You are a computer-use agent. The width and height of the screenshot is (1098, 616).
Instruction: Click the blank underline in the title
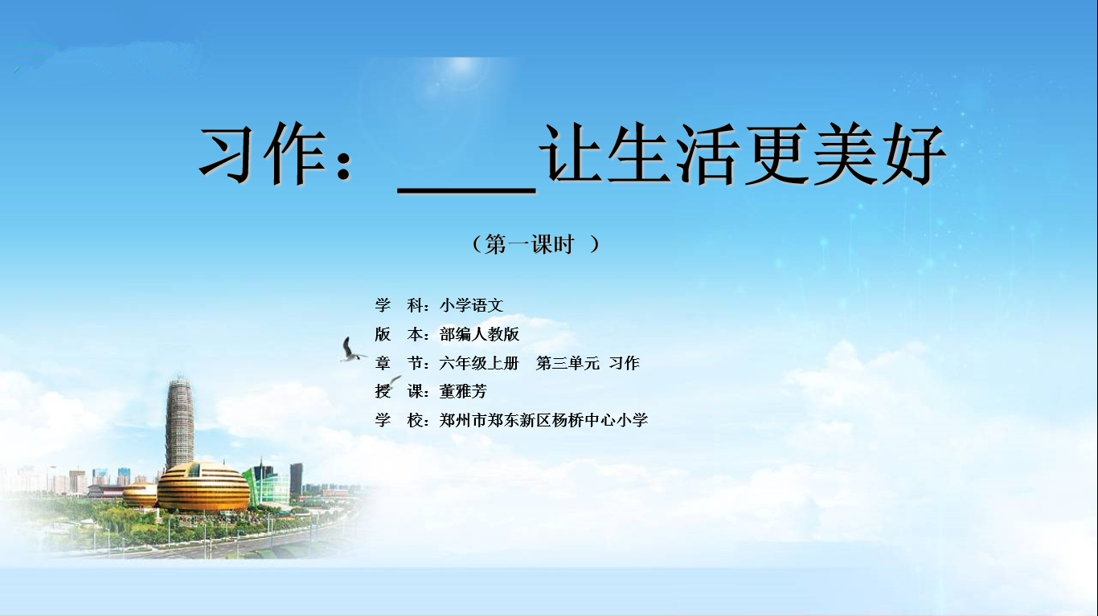(466, 190)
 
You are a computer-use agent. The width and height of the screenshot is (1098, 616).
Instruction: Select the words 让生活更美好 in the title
(743, 153)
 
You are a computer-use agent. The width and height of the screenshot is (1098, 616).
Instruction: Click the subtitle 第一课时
(530, 244)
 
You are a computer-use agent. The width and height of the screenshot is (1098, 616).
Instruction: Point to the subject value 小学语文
(472, 305)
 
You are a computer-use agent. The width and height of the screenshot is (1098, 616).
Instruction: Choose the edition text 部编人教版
(479, 334)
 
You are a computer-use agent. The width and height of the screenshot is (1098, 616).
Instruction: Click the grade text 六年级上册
(479, 363)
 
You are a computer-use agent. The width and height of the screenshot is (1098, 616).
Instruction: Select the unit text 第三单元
(567, 363)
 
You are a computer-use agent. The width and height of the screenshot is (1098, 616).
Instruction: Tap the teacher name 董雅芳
(463, 391)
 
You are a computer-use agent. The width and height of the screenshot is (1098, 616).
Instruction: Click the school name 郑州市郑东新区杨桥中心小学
(543, 420)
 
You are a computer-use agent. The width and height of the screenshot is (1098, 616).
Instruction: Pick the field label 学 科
(399, 305)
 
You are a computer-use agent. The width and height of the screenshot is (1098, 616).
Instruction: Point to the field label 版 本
(399, 334)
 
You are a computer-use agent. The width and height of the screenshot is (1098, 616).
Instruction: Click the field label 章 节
(399, 363)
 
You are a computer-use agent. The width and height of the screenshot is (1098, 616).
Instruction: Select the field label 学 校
(399, 420)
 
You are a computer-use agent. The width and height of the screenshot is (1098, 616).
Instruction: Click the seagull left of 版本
(351, 350)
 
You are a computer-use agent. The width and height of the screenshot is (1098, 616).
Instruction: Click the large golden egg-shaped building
(203, 487)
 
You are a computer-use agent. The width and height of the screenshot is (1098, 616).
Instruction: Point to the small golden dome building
(140, 495)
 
